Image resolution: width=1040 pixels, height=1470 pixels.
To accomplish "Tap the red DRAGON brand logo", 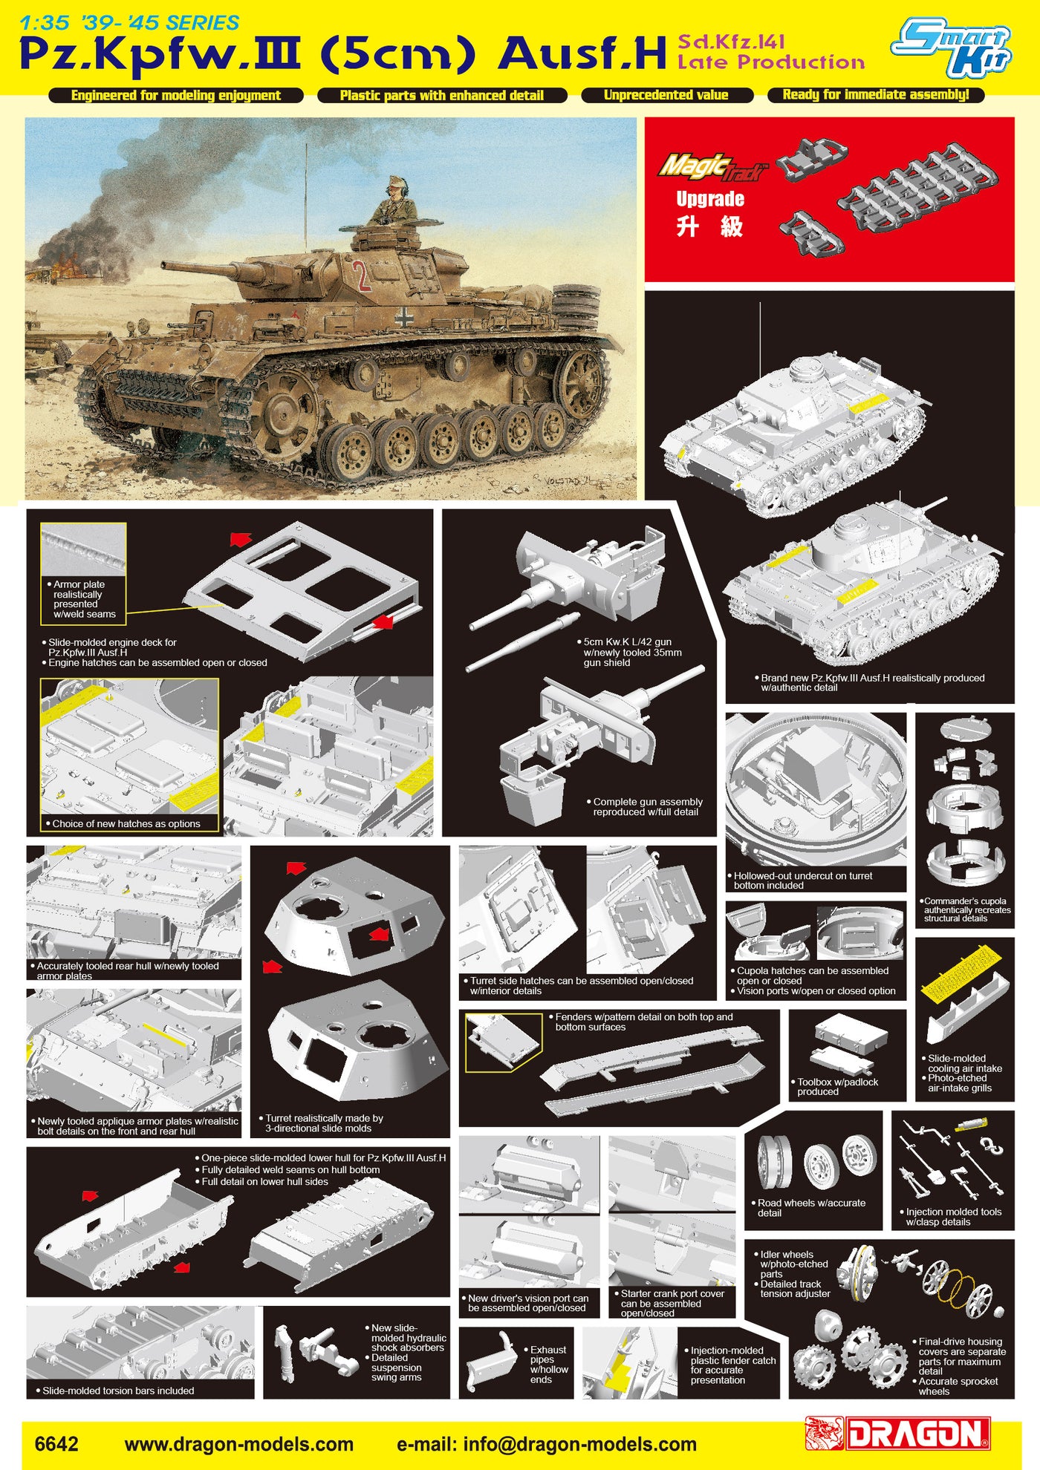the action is pos(899,1434).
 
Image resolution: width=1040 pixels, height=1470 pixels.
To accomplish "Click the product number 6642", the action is pos(56,1443).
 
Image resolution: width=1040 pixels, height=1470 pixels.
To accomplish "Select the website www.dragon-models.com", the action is pos(239,1444).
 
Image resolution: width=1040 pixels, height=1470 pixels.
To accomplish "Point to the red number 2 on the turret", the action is pos(363,275).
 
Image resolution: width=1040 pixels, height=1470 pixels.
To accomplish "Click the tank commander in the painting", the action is pos(394,200).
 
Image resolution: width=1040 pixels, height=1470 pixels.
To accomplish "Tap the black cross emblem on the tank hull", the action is pos(404,317).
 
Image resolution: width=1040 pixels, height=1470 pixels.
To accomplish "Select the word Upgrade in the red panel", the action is pos(710,199).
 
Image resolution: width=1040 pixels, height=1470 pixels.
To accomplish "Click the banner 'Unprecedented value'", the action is pos(666,95).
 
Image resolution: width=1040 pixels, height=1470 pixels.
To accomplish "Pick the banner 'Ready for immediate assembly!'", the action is pos(876,94).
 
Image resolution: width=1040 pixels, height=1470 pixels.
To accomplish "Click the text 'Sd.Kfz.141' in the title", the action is pos(731,42).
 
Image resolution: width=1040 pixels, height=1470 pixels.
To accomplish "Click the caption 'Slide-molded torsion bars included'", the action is pos(116,1391).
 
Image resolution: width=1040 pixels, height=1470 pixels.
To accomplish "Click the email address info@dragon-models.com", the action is pos(547,1444).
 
